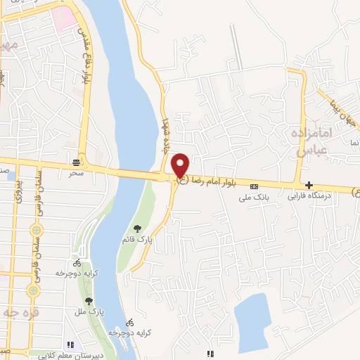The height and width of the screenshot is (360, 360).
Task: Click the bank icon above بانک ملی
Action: point(254,186)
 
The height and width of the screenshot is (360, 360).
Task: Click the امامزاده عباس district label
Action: point(309,141)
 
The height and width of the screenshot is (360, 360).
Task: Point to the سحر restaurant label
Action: point(76,172)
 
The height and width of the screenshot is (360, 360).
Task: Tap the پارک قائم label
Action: point(137,239)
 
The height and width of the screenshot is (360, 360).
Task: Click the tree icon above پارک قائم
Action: point(137,228)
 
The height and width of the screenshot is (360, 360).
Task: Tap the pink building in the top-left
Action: point(64,18)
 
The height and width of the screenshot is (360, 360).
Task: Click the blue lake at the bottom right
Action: point(253,320)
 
